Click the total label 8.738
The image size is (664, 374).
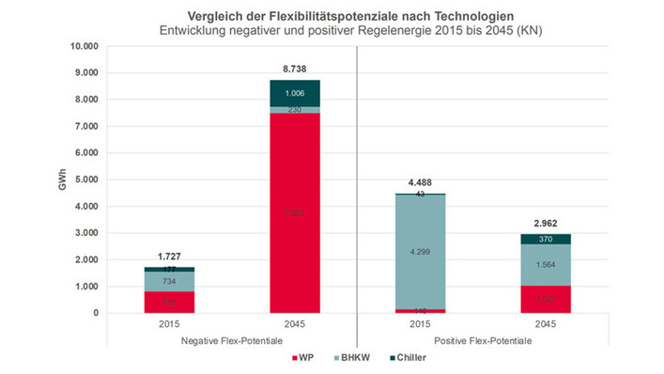295,69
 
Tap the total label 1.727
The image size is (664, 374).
169,257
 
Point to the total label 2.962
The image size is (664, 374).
545,224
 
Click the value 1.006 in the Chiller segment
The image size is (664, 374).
295,93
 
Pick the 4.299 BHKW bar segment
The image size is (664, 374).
419,252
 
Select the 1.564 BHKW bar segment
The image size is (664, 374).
545,265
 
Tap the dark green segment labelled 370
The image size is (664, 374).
545,239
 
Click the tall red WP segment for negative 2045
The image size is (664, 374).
295,213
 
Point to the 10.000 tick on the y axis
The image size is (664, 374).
85,46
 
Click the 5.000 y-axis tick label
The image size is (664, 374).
86,179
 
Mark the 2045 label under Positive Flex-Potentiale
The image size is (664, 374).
545,324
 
